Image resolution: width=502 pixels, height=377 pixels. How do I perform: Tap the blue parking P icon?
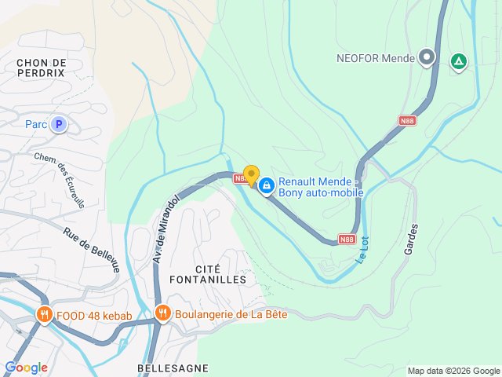[58, 124]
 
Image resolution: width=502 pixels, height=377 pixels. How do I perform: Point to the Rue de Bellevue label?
[92, 250]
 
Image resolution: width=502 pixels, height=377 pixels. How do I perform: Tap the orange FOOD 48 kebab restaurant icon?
[44, 316]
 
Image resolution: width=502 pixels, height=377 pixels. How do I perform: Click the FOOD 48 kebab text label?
[93, 317]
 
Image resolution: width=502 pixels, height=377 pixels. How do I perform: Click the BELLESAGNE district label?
[173, 368]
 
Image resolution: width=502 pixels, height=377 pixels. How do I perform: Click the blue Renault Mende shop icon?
[267, 185]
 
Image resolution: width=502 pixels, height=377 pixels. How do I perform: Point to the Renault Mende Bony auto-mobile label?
[321, 186]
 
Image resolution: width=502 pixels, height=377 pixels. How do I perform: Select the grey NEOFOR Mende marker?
[427, 57]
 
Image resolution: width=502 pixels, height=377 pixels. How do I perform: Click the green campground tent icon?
[457, 60]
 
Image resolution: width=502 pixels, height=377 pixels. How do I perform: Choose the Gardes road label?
[410, 238]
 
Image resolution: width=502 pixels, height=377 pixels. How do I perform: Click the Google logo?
[26, 368]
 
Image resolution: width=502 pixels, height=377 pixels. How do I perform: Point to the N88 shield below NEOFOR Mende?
[407, 120]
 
